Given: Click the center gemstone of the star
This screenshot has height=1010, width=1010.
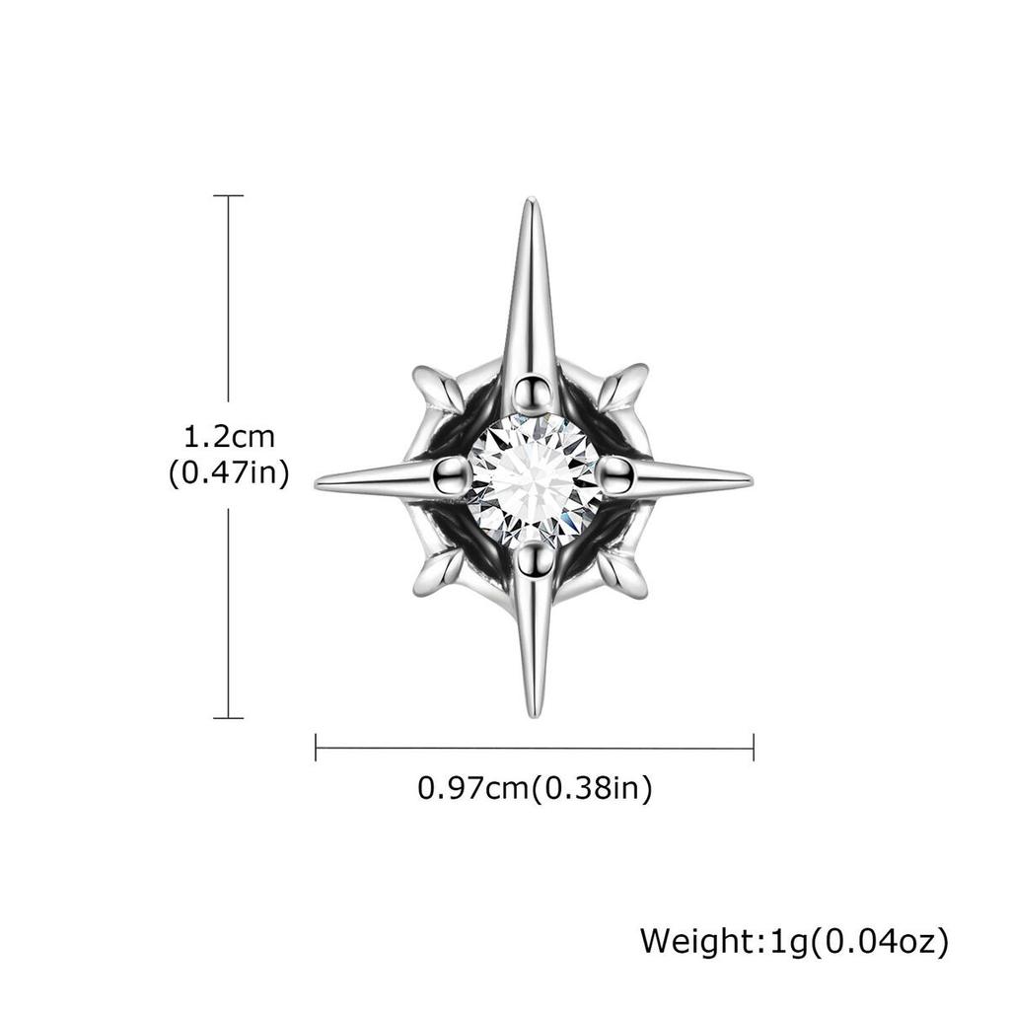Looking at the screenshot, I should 534,479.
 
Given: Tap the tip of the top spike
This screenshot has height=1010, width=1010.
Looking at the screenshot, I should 531,201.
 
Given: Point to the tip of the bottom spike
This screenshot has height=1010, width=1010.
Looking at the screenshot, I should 534,714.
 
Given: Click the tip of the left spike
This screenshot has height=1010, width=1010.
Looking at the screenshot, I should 319,482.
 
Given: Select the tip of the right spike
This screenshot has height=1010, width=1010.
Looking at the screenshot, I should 750,480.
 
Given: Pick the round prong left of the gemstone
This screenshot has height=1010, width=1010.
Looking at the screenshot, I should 452,474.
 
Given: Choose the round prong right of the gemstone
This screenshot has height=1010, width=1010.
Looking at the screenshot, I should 616,474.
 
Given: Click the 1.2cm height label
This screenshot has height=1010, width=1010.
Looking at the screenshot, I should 229,435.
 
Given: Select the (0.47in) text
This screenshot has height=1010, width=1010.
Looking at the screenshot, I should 229,473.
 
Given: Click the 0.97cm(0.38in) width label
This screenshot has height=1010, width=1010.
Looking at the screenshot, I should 535,788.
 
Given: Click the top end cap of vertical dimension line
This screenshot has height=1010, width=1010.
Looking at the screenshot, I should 229,195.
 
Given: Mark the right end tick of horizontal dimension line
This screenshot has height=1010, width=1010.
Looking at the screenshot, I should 754,747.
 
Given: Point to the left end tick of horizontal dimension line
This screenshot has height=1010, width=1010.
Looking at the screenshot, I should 316,747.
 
